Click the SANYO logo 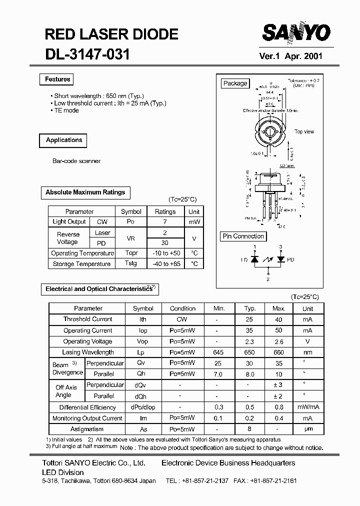coord(296,33)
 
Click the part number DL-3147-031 coord(87,54)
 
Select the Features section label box coord(57,79)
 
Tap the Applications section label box coord(63,140)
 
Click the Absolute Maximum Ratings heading coord(85,192)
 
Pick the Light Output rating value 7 coord(165,222)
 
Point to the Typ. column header coord(250,308)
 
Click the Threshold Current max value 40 coord(279,319)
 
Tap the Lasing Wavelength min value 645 coord(218,352)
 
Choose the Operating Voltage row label coord(88,341)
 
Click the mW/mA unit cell coord(307,407)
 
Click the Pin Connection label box coord(243,236)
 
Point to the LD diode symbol coord(254,259)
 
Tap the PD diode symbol coord(280,259)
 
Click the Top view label coord(304,132)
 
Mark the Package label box coord(235,83)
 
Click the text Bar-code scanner coord(76,161)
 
